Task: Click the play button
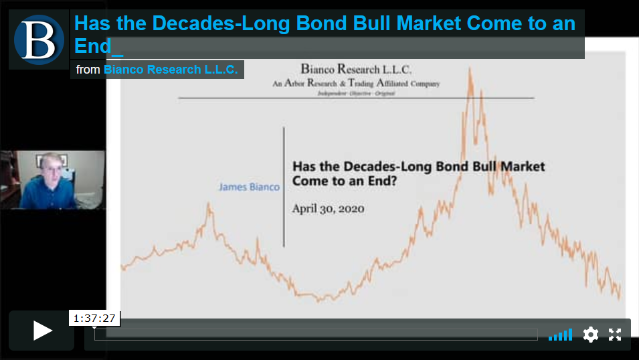pos(42,331)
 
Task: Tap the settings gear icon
pos(591,335)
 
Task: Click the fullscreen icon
pos(615,335)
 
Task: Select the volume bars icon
pos(560,335)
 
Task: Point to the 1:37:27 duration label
pos(94,318)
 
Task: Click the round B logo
pos(39,39)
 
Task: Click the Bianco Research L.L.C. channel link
pos(171,70)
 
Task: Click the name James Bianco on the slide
pos(249,187)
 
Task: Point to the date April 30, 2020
pos(328,209)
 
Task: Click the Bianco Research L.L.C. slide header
pos(356,70)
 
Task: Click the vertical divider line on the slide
pos(284,187)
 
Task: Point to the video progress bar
pos(316,335)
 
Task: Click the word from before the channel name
pos(88,70)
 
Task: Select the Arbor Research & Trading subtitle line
pos(356,84)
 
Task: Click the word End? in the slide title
pos(382,181)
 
